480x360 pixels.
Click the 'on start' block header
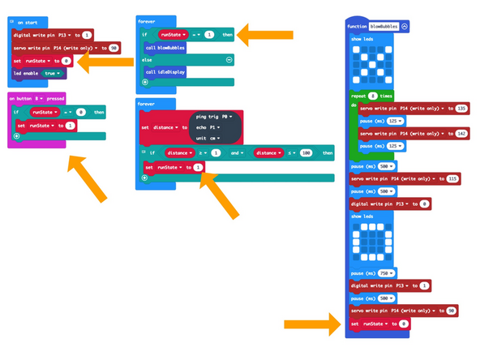[28, 23]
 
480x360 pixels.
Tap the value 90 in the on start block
[114, 48]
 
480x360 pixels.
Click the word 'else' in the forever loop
[148, 60]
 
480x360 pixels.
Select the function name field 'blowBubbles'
[380, 27]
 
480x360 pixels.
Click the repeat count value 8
[373, 96]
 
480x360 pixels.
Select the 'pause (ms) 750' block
[370, 273]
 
